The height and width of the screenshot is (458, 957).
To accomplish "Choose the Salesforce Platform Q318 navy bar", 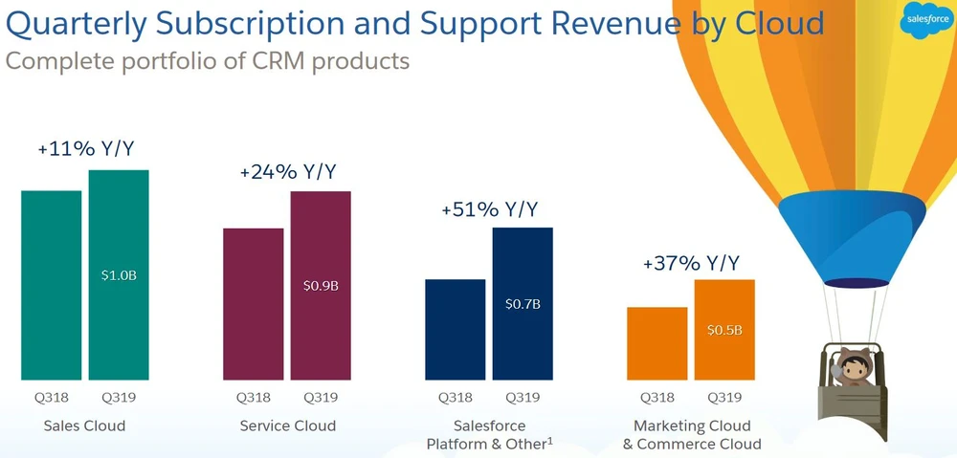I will point(455,329).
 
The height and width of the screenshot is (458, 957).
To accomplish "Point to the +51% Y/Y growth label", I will point(489,209).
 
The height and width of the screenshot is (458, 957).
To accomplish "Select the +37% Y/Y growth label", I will point(691,262).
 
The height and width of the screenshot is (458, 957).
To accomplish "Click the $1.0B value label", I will point(119,275).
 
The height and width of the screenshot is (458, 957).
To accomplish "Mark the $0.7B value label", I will point(523,305).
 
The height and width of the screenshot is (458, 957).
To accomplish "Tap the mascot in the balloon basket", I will point(847,368).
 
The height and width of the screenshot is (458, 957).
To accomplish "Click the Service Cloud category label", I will point(287,425).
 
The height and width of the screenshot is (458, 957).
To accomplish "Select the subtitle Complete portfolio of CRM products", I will point(208,61).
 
